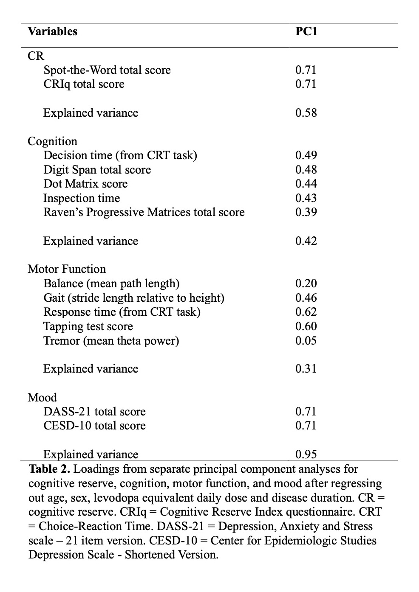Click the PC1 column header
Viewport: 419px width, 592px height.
[x=306, y=31]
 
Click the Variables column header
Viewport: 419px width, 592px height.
[x=52, y=31]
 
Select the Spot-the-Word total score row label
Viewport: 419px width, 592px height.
[x=107, y=70]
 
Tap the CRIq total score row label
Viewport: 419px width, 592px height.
[x=84, y=84]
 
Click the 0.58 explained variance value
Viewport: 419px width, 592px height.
[x=306, y=113]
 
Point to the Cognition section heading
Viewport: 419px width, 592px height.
[x=52, y=141]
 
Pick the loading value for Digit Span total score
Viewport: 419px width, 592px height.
[x=306, y=170]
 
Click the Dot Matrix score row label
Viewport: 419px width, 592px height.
[x=85, y=184]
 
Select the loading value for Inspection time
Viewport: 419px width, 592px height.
[x=306, y=198]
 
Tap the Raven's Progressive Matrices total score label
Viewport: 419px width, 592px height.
[x=144, y=212]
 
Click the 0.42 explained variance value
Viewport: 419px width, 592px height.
[x=306, y=241]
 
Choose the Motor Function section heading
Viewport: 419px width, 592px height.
[x=67, y=269]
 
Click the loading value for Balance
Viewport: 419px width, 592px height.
[x=306, y=283]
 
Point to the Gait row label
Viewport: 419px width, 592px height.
[x=133, y=298]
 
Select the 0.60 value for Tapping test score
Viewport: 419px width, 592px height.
[x=306, y=326]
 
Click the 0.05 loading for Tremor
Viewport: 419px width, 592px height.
[x=306, y=341]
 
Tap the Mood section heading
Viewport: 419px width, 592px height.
[x=42, y=398]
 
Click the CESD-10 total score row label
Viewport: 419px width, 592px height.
[x=94, y=426]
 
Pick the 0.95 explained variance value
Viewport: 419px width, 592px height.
[x=306, y=455]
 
